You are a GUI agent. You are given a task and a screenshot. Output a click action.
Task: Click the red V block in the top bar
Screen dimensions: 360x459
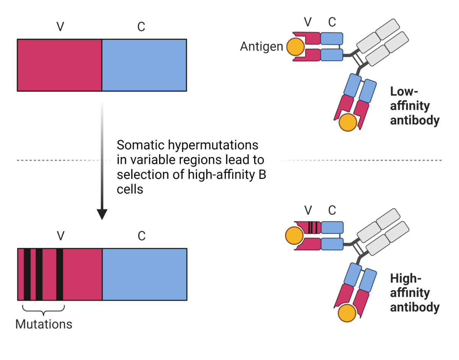coord(59,65)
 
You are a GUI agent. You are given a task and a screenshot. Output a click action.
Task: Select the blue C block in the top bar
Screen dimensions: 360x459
coord(144,65)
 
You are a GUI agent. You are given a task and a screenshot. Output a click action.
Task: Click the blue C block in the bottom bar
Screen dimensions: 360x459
coord(144,274)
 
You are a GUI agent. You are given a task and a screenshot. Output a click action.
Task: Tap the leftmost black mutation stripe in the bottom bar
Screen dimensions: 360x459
coord(27,274)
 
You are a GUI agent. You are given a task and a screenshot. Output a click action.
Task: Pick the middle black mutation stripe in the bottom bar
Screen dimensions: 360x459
coord(39,274)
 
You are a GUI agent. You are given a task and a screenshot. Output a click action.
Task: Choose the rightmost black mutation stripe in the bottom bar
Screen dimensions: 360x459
coord(60,274)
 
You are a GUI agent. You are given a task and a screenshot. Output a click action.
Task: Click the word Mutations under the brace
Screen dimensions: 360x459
coord(44,324)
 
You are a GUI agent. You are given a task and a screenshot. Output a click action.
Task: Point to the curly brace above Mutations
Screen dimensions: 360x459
coord(43,309)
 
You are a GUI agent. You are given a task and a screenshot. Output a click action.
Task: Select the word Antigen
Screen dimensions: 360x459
coord(262,47)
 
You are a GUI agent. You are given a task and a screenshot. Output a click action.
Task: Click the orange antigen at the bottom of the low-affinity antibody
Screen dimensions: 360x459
coord(348,123)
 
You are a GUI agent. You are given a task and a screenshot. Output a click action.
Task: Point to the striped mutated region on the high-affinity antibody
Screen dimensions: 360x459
coord(313,227)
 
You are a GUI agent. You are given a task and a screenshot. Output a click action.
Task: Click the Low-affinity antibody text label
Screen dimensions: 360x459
coord(414,106)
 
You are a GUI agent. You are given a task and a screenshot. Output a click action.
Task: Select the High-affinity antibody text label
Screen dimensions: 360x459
coord(414,293)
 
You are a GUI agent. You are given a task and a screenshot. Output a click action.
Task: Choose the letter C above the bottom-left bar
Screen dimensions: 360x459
coord(142,236)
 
